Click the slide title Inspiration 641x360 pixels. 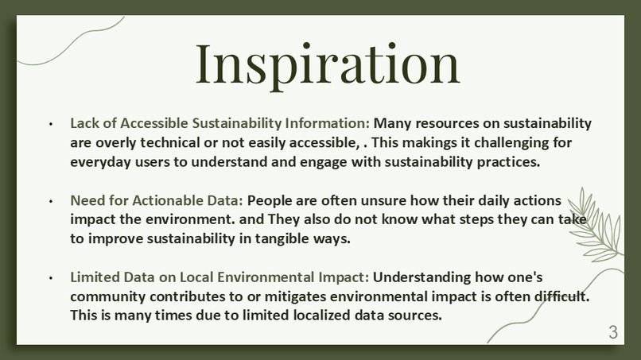pos(328,64)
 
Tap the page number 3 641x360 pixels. pos(612,333)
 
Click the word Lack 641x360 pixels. pos(84,124)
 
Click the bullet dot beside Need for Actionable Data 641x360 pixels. pos(51,201)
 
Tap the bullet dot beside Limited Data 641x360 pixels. pos(51,278)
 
